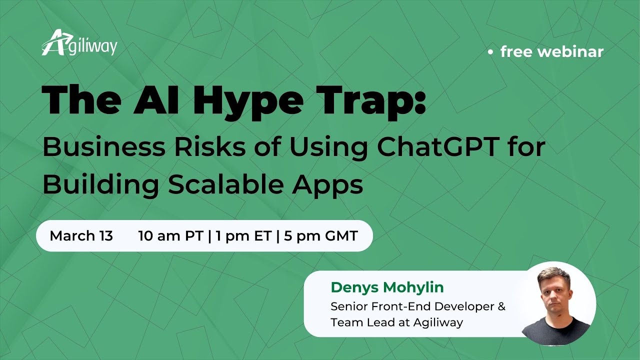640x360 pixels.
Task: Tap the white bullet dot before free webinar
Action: coord(491,51)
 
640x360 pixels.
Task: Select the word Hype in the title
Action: coord(247,100)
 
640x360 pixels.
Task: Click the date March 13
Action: coord(81,236)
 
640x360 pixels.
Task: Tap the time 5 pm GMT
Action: coord(321,236)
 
